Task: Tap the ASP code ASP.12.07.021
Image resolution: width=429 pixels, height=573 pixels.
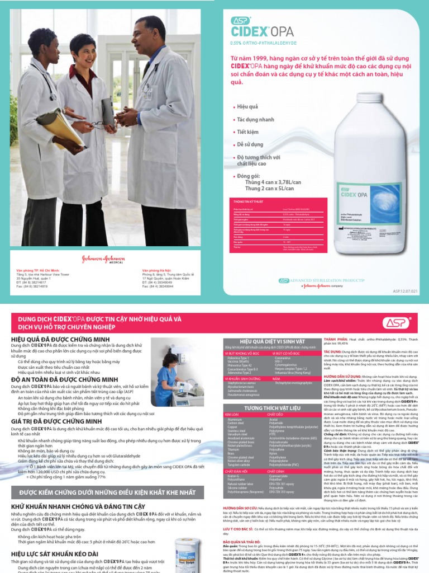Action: pos(405,290)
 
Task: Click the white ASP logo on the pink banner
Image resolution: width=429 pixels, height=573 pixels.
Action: pos(395,322)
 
